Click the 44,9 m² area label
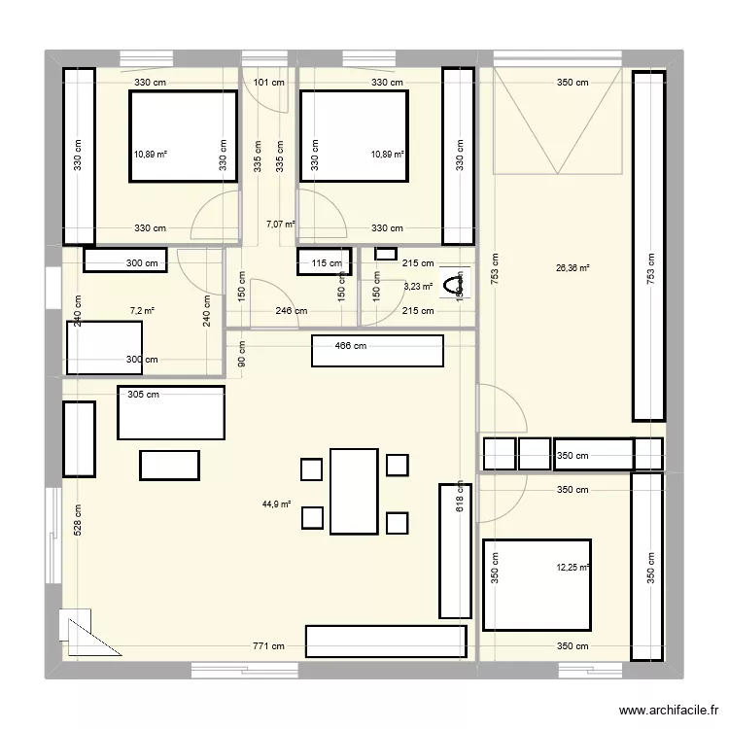pyautogui.click(x=276, y=504)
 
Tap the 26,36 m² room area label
pyautogui.click(x=573, y=269)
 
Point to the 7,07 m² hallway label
pyautogui.click(x=280, y=223)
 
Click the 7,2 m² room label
pyautogui.click(x=142, y=311)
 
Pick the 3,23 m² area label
pyautogui.click(x=418, y=286)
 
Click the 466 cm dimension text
pyautogui.click(x=351, y=346)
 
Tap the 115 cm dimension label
pyautogui.click(x=327, y=263)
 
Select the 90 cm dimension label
pyautogui.click(x=241, y=353)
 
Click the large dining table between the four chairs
pyautogui.click(x=354, y=491)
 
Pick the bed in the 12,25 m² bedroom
pyautogui.click(x=537, y=584)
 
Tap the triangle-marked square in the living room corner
pyautogui.click(x=77, y=626)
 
